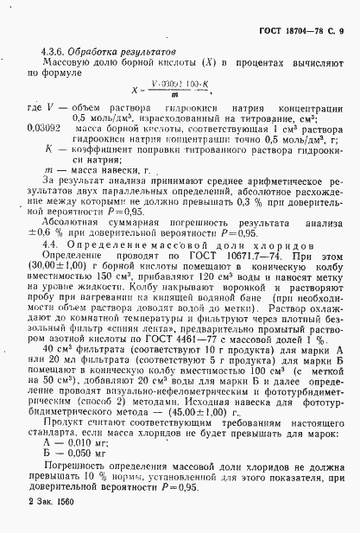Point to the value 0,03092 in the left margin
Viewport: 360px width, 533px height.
[x=41, y=126]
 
